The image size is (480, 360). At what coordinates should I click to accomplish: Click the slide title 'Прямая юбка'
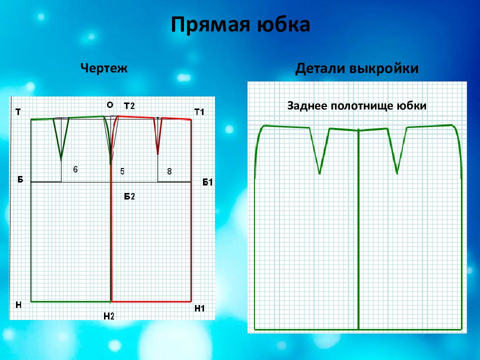[x=240, y=25]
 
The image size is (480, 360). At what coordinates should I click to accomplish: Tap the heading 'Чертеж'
[x=104, y=68]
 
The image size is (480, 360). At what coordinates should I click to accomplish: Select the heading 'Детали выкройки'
[x=356, y=68]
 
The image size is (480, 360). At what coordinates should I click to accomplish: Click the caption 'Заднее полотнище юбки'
[x=356, y=106]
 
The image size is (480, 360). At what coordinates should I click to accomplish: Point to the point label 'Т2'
[x=129, y=106]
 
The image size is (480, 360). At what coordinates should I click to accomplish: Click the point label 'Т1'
[x=199, y=112]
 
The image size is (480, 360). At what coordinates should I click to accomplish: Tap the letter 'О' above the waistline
[x=110, y=105]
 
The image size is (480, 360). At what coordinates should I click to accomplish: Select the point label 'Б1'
[x=207, y=182]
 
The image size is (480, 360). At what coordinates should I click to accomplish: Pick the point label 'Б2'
[x=129, y=196]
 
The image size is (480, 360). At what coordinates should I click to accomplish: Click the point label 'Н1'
[x=199, y=308]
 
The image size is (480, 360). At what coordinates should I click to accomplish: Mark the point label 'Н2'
[x=108, y=316]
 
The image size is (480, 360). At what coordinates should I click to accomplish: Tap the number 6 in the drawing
[x=75, y=169]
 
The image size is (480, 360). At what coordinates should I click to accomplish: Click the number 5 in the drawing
[x=122, y=171]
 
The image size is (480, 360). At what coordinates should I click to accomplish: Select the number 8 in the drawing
[x=169, y=171]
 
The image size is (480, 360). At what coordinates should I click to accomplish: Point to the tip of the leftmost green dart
[x=61, y=160]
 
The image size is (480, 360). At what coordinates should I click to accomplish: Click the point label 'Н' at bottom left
[x=18, y=305]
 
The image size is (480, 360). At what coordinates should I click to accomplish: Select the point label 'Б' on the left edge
[x=20, y=179]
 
